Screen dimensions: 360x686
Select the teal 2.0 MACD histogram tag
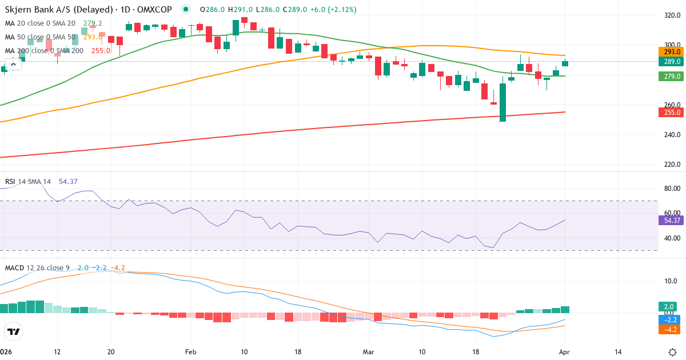667,306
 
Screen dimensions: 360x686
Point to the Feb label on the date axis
191,352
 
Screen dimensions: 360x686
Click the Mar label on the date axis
369,352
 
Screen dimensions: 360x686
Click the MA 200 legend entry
44,50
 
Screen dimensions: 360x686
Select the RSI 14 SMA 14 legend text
28,182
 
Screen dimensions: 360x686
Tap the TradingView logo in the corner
14,331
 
